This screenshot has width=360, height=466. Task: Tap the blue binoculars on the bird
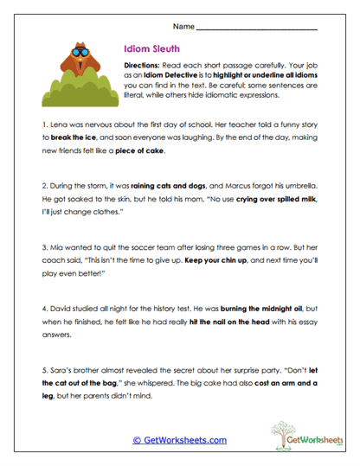(x=82, y=51)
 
